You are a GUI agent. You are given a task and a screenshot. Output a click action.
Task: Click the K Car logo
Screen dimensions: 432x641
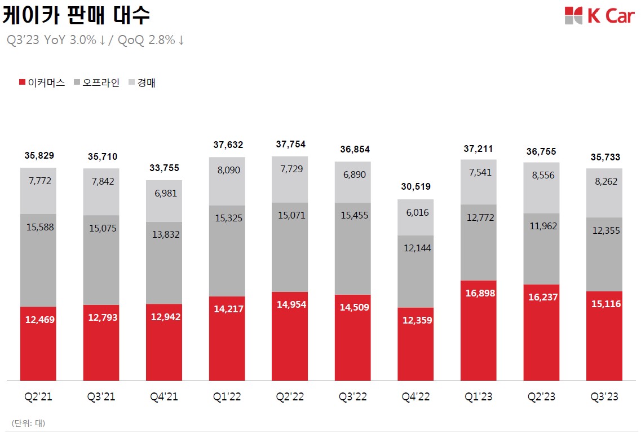[x=599, y=16]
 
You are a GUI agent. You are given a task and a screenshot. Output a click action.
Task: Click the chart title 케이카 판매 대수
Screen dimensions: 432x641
[x=76, y=16]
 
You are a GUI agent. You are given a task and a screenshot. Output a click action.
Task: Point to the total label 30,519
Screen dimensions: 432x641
[x=415, y=187]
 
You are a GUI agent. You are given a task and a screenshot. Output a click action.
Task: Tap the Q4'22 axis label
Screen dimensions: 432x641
[x=415, y=397]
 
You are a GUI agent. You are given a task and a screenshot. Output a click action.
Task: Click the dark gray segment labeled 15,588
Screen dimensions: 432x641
[x=38, y=260]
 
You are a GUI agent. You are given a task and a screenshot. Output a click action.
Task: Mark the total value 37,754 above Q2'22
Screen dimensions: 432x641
[x=290, y=145]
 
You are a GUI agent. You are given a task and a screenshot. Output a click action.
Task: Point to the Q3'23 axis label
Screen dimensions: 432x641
[x=604, y=397]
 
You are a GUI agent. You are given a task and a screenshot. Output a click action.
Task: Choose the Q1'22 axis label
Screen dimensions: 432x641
[x=227, y=397]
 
